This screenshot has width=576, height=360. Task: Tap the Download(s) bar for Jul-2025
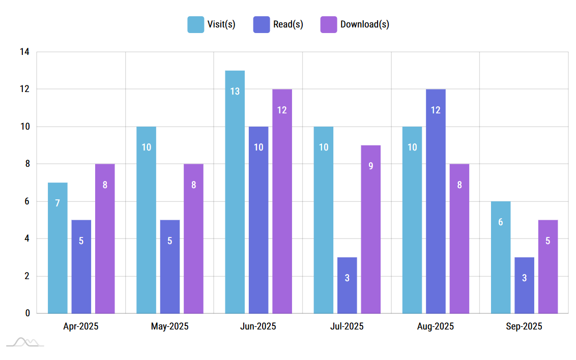pyautogui.click(x=370, y=229)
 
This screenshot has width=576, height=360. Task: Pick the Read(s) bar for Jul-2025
pyautogui.click(x=347, y=285)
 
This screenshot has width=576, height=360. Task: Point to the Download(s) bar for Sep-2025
pyautogui.click(x=548, y=266)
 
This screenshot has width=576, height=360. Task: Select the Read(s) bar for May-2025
pyautogui.click(x=170, y=266)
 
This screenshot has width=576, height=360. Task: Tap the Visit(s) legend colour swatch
pyautogui.click(x=196, y=24)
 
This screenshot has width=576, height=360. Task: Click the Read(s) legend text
pyautogui.click(x=288, y=24)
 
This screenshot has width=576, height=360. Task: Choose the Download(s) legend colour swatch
pyautogui.click(x=329, y=24)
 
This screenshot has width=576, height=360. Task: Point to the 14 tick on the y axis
pyautogui.click(x=24, y=52)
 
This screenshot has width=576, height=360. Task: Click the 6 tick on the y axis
pyautogui.click(x=27, y=201)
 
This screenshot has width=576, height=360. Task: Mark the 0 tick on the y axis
pyautogui.click(x=27, y=313)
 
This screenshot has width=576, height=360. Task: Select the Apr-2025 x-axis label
pyautogui.click(x=81, y=326)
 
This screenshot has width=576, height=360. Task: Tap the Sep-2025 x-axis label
pyautogui.click(x=524, y=326)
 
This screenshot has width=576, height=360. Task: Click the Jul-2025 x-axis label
pyautogui.click(x=347, y=326)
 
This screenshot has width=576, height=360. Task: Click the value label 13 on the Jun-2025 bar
pyautogui.click(x=235, y=92)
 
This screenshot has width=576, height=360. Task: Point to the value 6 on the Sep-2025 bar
pyautogui.click(x=501, y=222)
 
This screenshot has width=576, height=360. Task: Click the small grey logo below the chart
pyautogui.click(x=25, y=342)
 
